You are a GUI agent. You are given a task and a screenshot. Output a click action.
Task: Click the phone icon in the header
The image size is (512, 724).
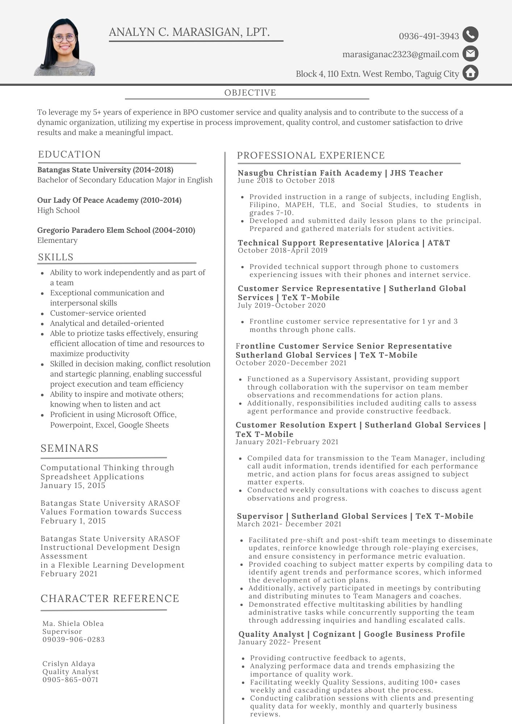coord(470,35)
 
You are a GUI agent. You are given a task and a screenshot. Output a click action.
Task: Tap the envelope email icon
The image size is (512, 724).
coord(470,54)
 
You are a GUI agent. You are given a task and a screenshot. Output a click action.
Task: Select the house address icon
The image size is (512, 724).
coord(470,73)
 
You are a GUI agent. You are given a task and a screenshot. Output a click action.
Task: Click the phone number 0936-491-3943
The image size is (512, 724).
coord(429,36)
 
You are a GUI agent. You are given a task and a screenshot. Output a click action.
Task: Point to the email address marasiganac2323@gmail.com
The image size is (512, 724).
coord(400,54)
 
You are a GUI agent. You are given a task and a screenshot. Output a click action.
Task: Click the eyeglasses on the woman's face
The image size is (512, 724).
coord(64,37)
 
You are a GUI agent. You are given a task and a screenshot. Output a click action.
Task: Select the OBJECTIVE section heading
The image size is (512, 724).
coord(250,93)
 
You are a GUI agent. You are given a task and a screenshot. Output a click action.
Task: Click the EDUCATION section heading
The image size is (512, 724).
coord(70,154)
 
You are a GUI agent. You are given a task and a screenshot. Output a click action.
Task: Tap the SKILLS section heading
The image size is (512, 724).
coord(56,257)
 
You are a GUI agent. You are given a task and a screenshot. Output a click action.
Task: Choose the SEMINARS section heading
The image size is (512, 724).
coord(70,448)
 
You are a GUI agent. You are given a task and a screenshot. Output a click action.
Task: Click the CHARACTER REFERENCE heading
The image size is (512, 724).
coord(110,598)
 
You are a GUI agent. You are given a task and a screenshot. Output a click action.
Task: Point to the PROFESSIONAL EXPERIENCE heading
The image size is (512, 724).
coord(311,155)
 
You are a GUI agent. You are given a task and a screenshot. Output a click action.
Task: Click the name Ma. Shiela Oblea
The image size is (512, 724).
coord(73,623)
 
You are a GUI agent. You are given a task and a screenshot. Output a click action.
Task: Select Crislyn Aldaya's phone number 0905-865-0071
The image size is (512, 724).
coord(70,679)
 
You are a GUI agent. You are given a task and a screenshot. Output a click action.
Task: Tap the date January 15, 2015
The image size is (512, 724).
coord(73,485)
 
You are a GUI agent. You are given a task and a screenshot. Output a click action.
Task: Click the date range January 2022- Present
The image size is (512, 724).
coord(280,642)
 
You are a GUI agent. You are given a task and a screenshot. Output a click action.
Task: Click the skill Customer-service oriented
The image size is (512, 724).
coord(98,313)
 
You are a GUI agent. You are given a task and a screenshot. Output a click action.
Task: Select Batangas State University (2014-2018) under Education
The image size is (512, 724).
coord(105,170)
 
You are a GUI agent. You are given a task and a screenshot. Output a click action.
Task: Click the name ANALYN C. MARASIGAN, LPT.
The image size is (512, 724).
coord(189,32)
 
